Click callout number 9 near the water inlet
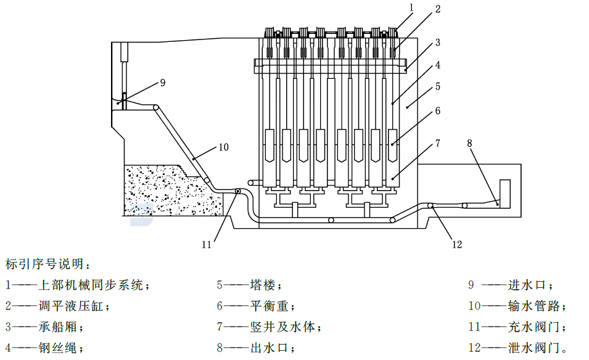coord(163,83)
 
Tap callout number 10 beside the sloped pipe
coord(223,147)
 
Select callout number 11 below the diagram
coord(207,244)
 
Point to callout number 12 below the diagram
coord(457,244)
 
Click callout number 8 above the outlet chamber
coord(469,143)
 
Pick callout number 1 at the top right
coord(411,7)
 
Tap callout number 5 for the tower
coord(438,86)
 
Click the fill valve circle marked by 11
coord(238,192)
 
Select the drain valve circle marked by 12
coord(430,205)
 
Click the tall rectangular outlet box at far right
coord(505,194)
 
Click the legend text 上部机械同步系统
coord(91,285)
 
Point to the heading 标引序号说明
coord(44,264)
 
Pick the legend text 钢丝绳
coord(57,348)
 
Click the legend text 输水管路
coord(533,306)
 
